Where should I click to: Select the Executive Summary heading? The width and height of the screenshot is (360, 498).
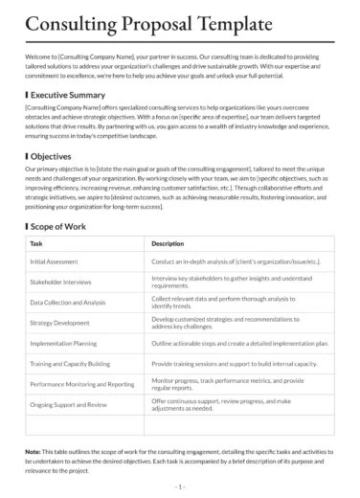coord(68,96)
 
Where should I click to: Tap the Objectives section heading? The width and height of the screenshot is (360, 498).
coord(50,155)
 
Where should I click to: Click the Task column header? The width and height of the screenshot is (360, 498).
coord(36,244)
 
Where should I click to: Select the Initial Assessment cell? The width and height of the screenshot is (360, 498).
coord(56,261)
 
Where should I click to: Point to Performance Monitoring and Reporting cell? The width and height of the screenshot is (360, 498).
coord(81,383)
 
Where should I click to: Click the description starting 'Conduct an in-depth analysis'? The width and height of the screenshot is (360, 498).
coord(235,261)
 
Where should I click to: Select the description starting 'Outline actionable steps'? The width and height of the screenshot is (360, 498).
coord(239,343)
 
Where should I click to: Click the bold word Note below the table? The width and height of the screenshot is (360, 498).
coord(34,450)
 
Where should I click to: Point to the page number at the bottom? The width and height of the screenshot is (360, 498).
coord(179,487)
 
